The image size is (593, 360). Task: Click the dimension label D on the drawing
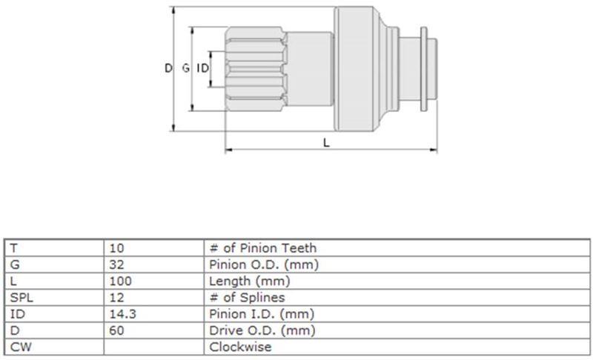coord(168,68)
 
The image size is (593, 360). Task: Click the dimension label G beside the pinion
coord(186,68)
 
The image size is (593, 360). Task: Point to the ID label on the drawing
coord(202,68)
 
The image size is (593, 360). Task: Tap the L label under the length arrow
coord(326,142)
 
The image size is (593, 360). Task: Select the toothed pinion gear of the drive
coord(256,69)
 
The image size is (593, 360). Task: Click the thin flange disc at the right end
coord(424,69)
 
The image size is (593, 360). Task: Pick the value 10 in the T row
coord(116,248)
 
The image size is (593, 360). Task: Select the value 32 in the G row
coord(116,264)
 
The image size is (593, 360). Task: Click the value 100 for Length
coord(121,281)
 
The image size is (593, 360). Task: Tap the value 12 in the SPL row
coord(116,297)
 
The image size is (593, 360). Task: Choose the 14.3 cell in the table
coord(123,314)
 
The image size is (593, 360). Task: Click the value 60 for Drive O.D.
coord(116,330)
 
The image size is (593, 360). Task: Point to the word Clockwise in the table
coord(240,347)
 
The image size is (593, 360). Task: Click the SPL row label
coord(21,297)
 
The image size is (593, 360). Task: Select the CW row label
coord(21,347)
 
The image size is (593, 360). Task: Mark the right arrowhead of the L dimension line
coord(434,150)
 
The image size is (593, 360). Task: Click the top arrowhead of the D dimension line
coord(173,10)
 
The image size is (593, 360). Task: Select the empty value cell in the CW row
coord(154,347)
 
